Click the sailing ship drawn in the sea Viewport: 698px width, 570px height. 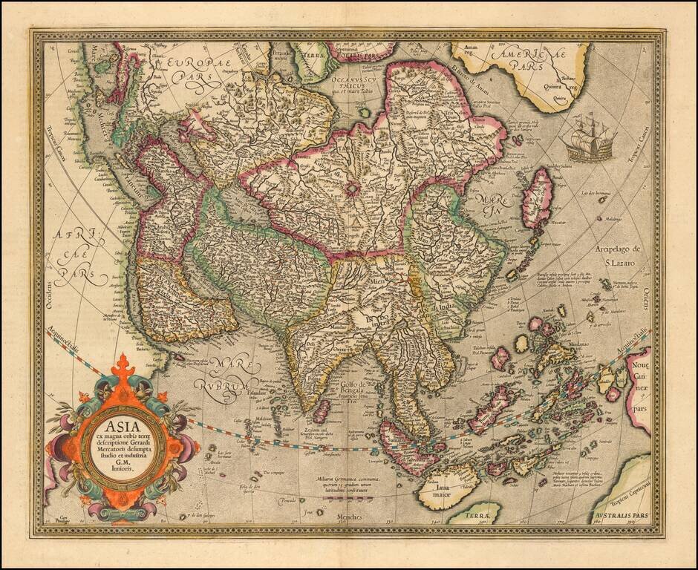tap(591, 138)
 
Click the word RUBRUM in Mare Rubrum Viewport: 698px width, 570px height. tap(222, 387)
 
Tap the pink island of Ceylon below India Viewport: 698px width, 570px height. tap(321, 411)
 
